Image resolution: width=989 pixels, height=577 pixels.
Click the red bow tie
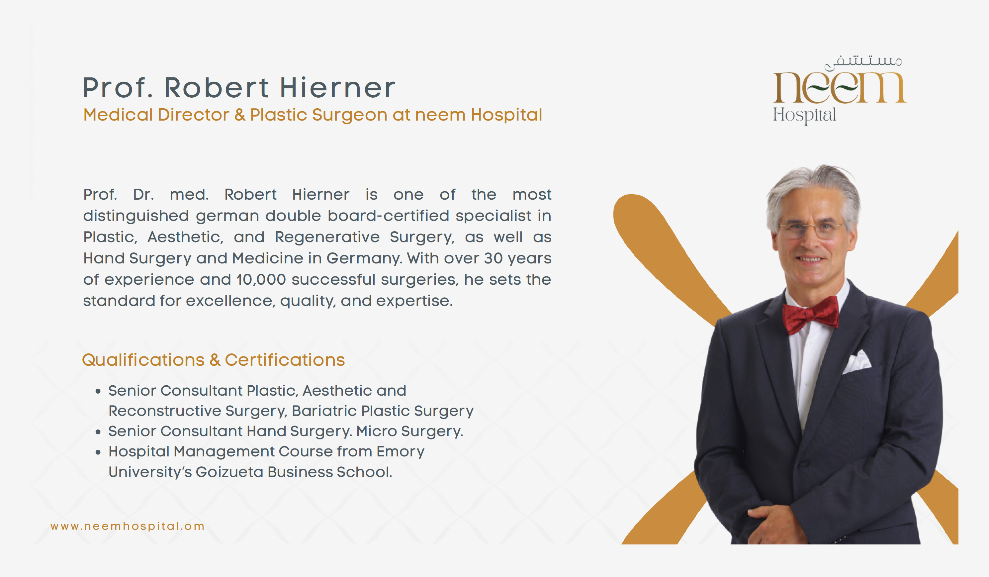(x=810, y=314)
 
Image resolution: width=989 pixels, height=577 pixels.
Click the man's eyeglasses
(x=812, y=230)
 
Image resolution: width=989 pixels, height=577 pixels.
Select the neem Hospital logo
(x=840, y=90)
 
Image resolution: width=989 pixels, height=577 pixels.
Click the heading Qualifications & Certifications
(x=214, y=360)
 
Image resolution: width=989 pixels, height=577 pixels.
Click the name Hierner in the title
(x=337, y=88)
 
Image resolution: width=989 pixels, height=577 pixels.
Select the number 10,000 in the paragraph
(x=261, y=279)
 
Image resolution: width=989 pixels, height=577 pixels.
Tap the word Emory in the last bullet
(x=400, y=452)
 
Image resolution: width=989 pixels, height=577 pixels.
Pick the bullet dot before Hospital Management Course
(x=98, y=452)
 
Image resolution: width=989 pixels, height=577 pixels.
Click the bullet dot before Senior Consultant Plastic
(x=98, y=391)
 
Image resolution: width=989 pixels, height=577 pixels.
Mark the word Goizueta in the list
(x=229, y=472)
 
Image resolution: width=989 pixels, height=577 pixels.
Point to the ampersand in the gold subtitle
(x=240, y=115)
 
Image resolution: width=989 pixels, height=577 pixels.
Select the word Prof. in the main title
(x=118, y=88)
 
